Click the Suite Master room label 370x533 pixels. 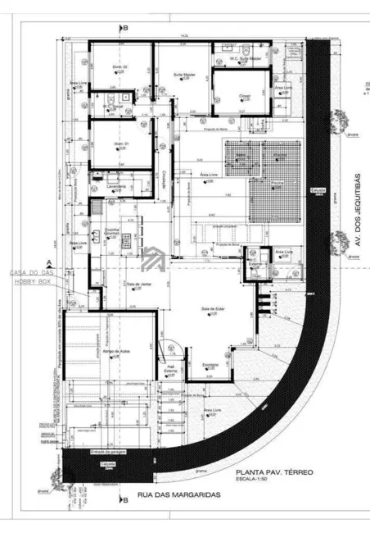point(183,74)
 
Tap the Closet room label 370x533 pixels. point(244,95)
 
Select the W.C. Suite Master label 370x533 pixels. point(243,59)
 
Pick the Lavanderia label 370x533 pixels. point(115,186)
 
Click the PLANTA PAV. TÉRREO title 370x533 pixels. point(274,473)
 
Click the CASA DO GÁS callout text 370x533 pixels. point(29,272)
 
